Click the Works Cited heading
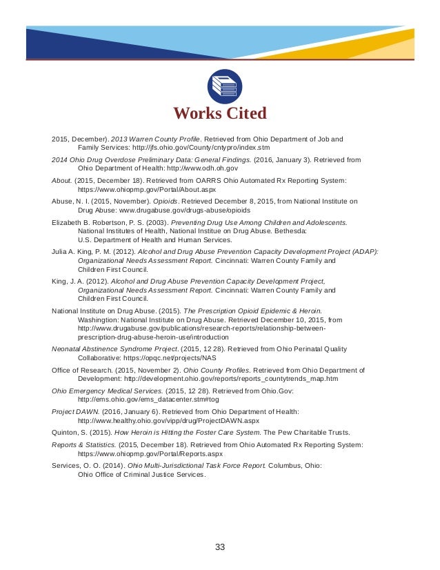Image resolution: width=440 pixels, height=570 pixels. tap(219, 113)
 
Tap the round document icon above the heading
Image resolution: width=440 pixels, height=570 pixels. tap(224, 86)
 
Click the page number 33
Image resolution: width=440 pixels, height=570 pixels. tap(220, 547)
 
